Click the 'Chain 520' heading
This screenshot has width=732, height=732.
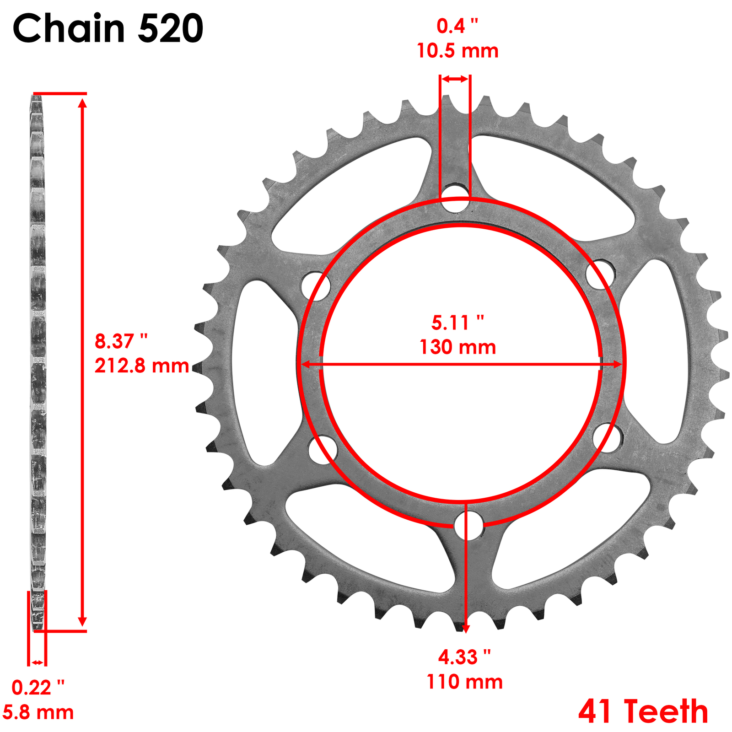point(108,28)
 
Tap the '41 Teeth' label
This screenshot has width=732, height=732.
point(643,712)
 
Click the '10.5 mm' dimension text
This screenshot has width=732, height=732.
point(457,51)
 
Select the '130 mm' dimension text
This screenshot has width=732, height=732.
point(457,347)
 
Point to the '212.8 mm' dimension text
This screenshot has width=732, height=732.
point(142,366)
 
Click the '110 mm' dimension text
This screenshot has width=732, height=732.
point(464,682)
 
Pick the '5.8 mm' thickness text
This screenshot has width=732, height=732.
point(38,713)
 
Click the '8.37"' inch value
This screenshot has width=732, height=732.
point(121,341)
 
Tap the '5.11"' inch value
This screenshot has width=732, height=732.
point(457,323)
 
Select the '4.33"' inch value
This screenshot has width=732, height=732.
point(464,657)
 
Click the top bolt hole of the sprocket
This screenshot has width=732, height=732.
point(455,199)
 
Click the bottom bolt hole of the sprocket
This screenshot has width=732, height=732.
point(469,526)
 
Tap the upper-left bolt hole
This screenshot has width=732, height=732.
point(316,286)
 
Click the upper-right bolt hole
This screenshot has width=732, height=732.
point(600,274)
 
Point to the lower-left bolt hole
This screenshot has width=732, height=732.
point(323,450)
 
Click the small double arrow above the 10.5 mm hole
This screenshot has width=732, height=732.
point(455,79)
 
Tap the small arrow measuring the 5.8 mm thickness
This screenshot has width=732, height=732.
point(37,662)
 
